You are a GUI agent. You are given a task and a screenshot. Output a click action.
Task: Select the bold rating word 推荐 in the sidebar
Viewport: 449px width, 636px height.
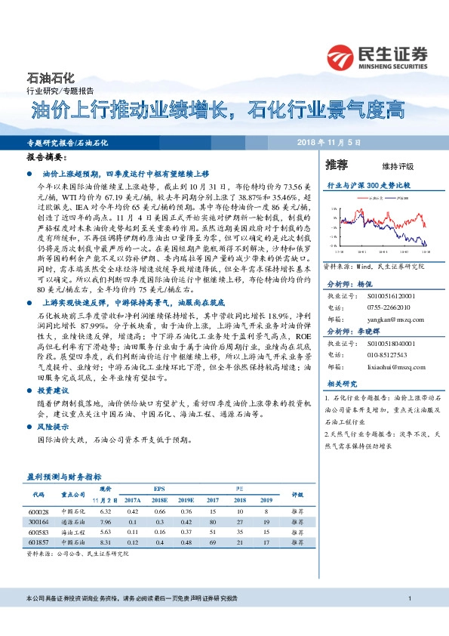336,164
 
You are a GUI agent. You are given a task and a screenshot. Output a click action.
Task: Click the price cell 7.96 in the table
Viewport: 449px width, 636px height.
106,521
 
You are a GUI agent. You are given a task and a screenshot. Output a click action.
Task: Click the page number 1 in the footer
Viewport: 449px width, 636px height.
408,600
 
